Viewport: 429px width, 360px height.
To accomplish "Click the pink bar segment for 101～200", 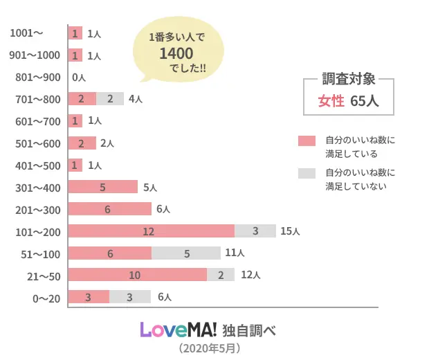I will click(152, 231).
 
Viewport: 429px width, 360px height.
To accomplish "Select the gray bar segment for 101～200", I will click(255, 231).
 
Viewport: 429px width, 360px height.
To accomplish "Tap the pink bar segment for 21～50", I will click(138, 275).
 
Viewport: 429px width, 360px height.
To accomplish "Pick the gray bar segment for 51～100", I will click(186, 253).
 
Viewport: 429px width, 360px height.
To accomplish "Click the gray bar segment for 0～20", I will click(130, 297).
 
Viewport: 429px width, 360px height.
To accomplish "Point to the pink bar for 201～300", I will click(110, 209).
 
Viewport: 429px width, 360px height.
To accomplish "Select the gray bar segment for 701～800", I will click(110, 99).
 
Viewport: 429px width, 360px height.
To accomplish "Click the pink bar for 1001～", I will click(75, 33).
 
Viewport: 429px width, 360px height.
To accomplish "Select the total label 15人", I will click(289, 231).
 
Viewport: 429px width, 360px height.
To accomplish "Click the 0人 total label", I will click(78, 78).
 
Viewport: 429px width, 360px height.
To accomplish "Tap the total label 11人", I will click(235, 253).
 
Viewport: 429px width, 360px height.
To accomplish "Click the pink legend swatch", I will click(307, 141).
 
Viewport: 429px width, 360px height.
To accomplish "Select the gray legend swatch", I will click(307, 173).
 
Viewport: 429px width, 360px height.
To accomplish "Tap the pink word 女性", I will click(331, 101).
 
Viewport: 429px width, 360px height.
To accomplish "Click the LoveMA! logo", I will click(179, 329).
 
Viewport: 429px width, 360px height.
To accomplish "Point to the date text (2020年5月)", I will click(209, 348).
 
